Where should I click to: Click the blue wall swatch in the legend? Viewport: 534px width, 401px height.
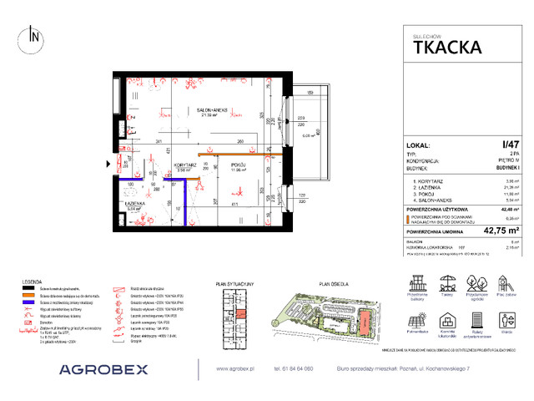[x=31, y=303]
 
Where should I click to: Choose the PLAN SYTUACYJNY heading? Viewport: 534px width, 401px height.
[x=233, y=284]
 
